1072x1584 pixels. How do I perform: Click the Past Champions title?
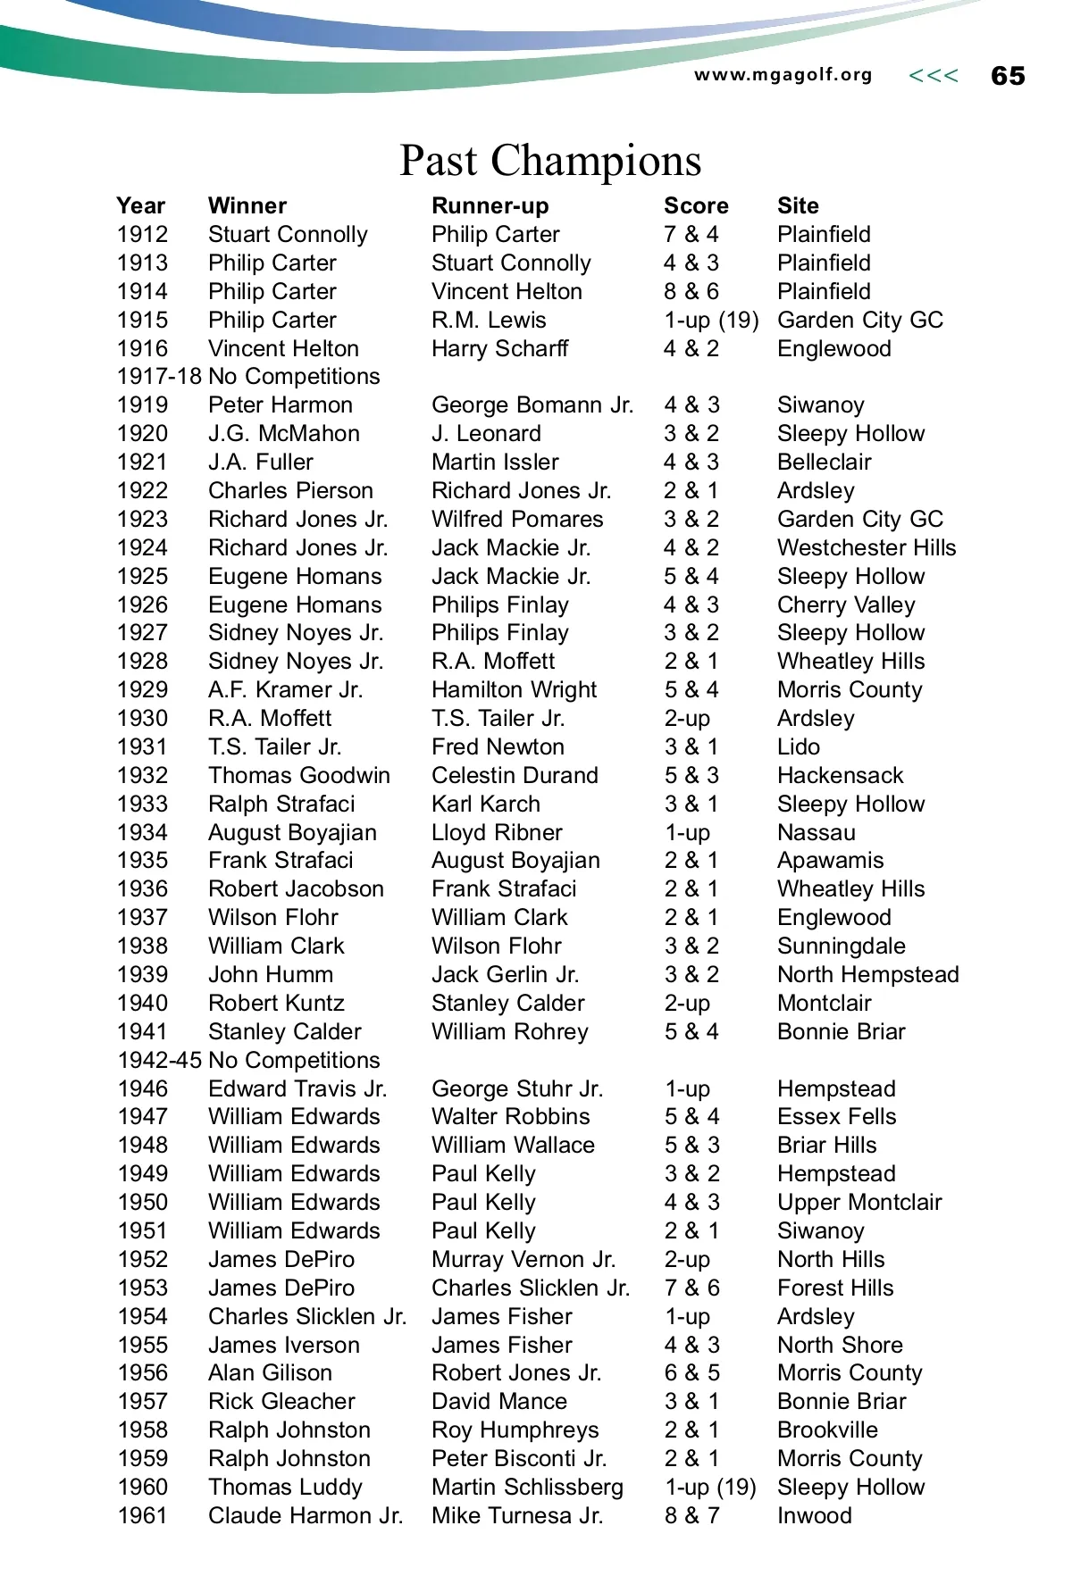(550, 161)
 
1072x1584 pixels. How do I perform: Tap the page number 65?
(1008, 76)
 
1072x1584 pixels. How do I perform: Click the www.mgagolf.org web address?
(783, 75)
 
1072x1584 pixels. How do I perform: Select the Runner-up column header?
(490, 206)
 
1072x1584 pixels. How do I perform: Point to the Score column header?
(696, 206)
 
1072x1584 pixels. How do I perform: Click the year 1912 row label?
(142, 235)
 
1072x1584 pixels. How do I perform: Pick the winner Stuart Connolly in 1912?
(288, 235)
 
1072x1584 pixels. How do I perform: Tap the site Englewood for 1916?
(833, 348)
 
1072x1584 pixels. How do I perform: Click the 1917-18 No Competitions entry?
(248, 377)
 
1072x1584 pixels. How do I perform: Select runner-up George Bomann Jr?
(532, 405)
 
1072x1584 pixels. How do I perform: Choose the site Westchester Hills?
(867, 547)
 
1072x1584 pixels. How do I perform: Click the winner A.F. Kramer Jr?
(285, 690)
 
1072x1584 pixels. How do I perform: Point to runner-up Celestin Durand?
(515, 775)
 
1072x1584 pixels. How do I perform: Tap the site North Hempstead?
(867, 974)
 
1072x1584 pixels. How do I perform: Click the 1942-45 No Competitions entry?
(248, 1060)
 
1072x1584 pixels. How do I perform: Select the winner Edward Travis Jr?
(297, 1088)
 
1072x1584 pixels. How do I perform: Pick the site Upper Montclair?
(859, 1202)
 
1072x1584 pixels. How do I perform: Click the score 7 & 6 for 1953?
(691, 1288)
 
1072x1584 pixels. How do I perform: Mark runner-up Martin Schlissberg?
(527, 1487)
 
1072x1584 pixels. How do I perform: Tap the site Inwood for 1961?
(814, 1515)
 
